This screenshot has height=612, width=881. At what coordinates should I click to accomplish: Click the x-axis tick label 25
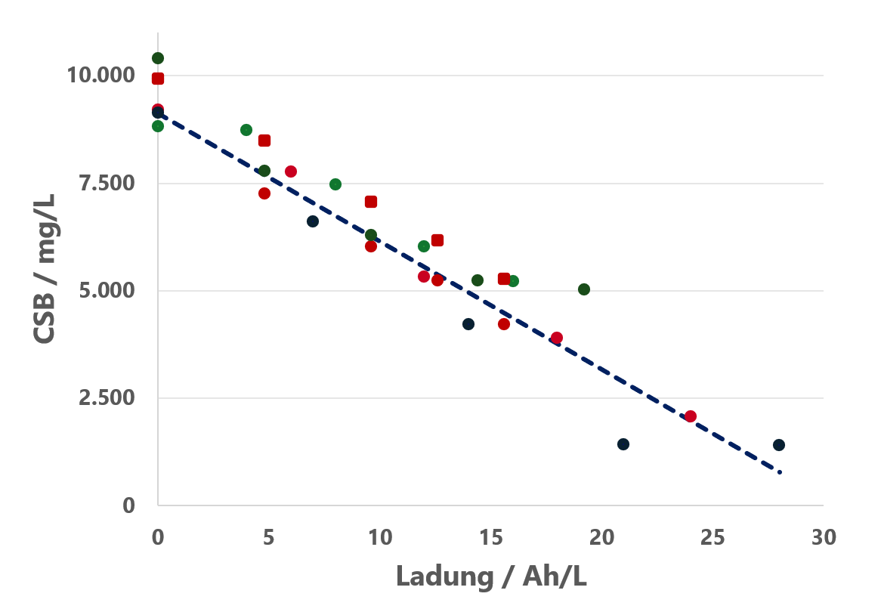coord(713,537)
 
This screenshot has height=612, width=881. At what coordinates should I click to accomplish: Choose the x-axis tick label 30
coord(824,537)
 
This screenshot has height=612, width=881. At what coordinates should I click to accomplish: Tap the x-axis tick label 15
coord(490,537)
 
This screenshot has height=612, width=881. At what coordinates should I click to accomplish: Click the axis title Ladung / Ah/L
coord(491,576)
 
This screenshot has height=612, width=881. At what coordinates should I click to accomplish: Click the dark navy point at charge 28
coord(779,445)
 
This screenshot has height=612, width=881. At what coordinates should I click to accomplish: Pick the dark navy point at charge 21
coord(623,444)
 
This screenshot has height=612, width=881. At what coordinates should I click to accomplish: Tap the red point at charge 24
coord(690,416)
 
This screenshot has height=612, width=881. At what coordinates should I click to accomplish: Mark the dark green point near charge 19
coord(584,289)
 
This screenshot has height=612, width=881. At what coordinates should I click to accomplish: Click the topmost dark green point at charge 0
coord(158,58)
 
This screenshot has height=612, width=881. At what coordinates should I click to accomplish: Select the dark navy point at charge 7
coord(313,221)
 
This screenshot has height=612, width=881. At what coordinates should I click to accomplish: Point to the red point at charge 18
coord(557,338)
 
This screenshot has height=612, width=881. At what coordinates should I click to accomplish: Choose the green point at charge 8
coord(335,184)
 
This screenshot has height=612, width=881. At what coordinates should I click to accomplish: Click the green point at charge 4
coord(246,130)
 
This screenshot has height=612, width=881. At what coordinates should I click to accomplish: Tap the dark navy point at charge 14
coord(468,324)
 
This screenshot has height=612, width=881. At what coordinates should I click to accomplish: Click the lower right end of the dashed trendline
coord(780,472)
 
